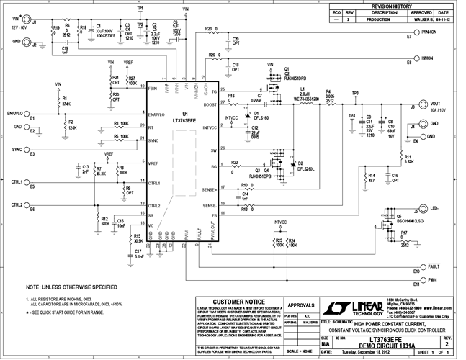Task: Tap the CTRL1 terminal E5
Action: [x=33, y=182]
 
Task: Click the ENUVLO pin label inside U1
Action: [x=160, y=114]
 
